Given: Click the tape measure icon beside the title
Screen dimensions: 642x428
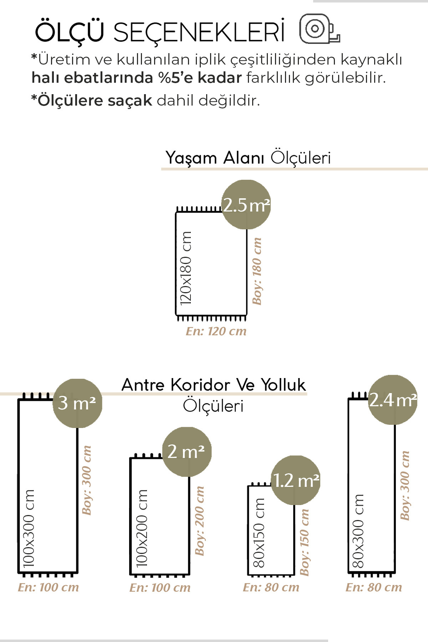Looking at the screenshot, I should pyautogui.click(x=319, y=29).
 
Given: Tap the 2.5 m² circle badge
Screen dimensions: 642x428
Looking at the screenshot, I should pyautogui.click(x=246, y=205).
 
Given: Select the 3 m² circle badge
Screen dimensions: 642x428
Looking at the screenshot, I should pyautogui.click(x=77, y=403).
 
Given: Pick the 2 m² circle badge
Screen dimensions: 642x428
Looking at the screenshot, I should pyautogui.click(x=187, y=452).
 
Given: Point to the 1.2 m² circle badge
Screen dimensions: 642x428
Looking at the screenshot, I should pyautogui.click(x=296, y=480).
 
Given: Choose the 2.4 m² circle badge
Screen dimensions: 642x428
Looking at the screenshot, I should pyautogui.click(x=393, y=400).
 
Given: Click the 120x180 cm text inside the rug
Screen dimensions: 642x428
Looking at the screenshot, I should pyautogui.click(x=186, y=268).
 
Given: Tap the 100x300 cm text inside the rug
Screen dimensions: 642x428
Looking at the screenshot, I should pyautogui.click(x=29, y=528).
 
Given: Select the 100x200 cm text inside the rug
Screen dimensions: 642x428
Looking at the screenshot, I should pyautogui.click(x=142, y=528).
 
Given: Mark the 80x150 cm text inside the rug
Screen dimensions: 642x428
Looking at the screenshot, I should pyautogui.click(x=259, y=533).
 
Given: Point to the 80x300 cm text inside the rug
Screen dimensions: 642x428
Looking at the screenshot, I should pyautogui.click(x=358, y=531).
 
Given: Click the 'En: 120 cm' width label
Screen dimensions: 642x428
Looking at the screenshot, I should pyautogui.click(x=216, y=331).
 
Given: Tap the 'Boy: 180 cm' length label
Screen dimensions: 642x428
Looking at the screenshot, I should pyautogui.click(x=257, y=271).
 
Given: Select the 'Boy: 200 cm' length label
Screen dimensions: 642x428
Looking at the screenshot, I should pyautogui.click(x=200, y=521).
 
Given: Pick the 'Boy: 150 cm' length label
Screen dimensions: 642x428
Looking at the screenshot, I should pyautogui.click(x=304, y=542).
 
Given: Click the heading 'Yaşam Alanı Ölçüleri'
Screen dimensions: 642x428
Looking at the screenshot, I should pyautogui.click(x=248, y=158).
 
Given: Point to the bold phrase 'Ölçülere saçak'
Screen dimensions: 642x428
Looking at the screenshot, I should pyautogui.click(x=92, y=101).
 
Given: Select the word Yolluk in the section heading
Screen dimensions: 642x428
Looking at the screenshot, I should pyautogui.click(x=283, y=385).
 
